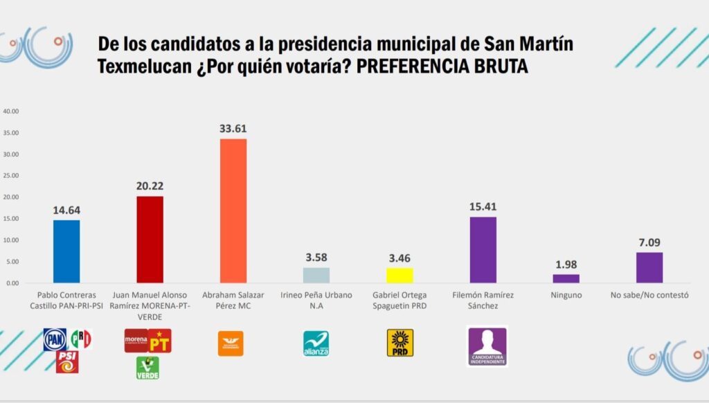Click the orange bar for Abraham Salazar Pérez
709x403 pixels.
(x=233, y=211)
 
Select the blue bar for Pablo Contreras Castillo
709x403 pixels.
(x=66, y=251)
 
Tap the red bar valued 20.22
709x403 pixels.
(x=150, y=240)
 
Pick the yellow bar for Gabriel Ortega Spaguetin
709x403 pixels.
(x=400, y=276)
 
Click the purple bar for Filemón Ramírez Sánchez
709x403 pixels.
(x=483, y=250)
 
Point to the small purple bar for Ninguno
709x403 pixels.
(x=566, y=278)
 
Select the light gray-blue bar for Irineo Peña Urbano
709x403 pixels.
(x=316, y=275)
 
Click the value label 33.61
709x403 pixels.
(x=233, y=128)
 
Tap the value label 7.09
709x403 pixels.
(x=649, y=242)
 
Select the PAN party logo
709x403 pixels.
(x=55, y=339)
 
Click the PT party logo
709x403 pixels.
(x=160, y=341)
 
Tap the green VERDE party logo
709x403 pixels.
(x=147, y=368)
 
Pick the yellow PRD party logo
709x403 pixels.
(x=400, y=343)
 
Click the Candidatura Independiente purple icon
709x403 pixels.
(x=487, y=346)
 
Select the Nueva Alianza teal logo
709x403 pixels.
(x=316, y=343)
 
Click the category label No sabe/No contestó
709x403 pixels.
(x=649, y=294)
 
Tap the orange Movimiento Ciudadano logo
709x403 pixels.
(x=233, y=342)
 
